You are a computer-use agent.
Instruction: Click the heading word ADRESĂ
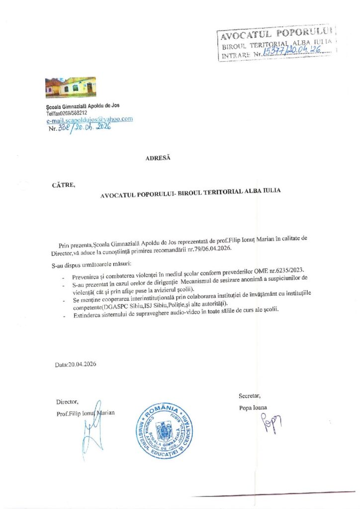158,158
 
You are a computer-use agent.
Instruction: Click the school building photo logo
70,88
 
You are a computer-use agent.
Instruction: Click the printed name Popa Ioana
253,408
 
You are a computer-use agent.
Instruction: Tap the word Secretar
250,396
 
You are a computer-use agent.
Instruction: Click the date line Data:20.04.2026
76,364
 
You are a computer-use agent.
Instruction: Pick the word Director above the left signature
67,402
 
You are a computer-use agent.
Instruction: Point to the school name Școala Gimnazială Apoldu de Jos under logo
83,105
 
